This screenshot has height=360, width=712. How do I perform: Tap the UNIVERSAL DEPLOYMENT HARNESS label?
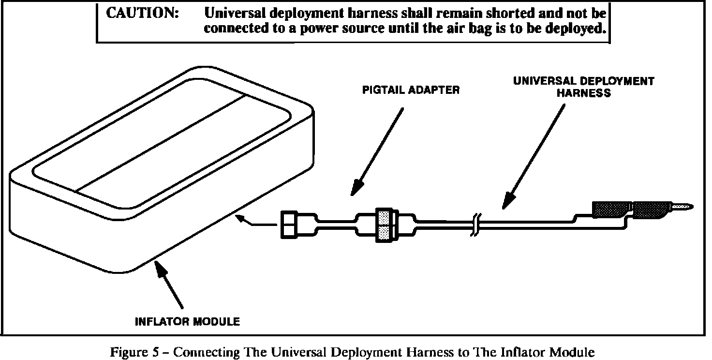click(x=583, y=87)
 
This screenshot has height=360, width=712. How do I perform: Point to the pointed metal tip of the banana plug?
click(x=682, y=208)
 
